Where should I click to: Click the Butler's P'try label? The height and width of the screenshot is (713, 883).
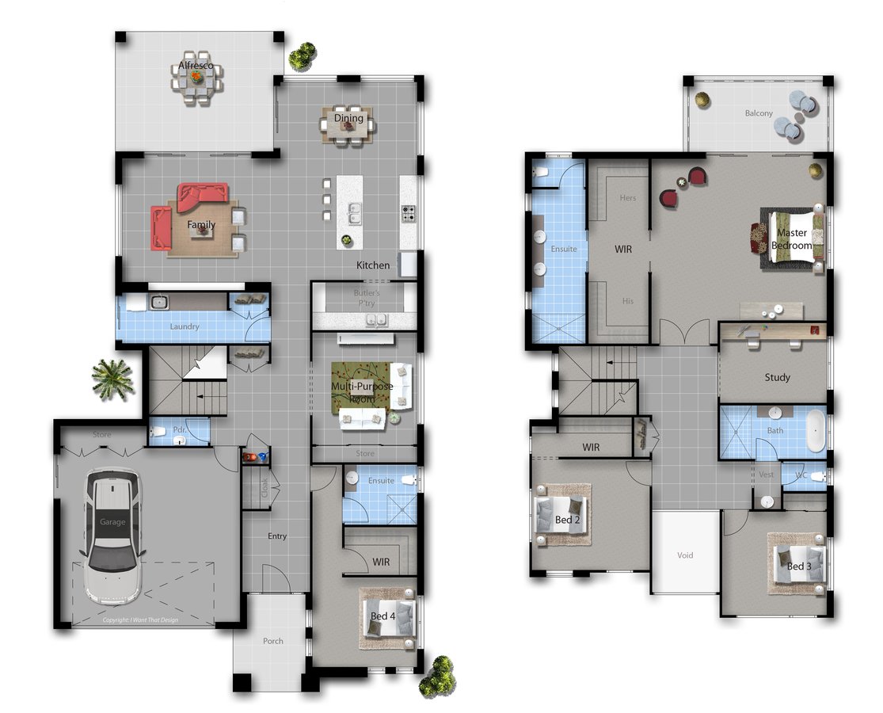pos(367,297)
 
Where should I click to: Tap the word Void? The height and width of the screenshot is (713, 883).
pos(685,555)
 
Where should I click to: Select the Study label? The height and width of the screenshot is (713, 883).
pos(777,377)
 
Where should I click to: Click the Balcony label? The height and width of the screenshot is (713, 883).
pos(758,113)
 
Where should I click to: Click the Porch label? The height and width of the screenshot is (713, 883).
pos(272,641)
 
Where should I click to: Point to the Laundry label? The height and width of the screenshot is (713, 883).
pos(184,326)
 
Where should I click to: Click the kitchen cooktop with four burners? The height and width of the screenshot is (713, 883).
pos(409,214)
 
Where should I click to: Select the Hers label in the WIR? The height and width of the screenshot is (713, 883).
pos(627,198)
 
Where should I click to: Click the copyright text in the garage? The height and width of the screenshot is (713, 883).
pos(140,620)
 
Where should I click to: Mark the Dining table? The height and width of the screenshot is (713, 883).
pos(348,124)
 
